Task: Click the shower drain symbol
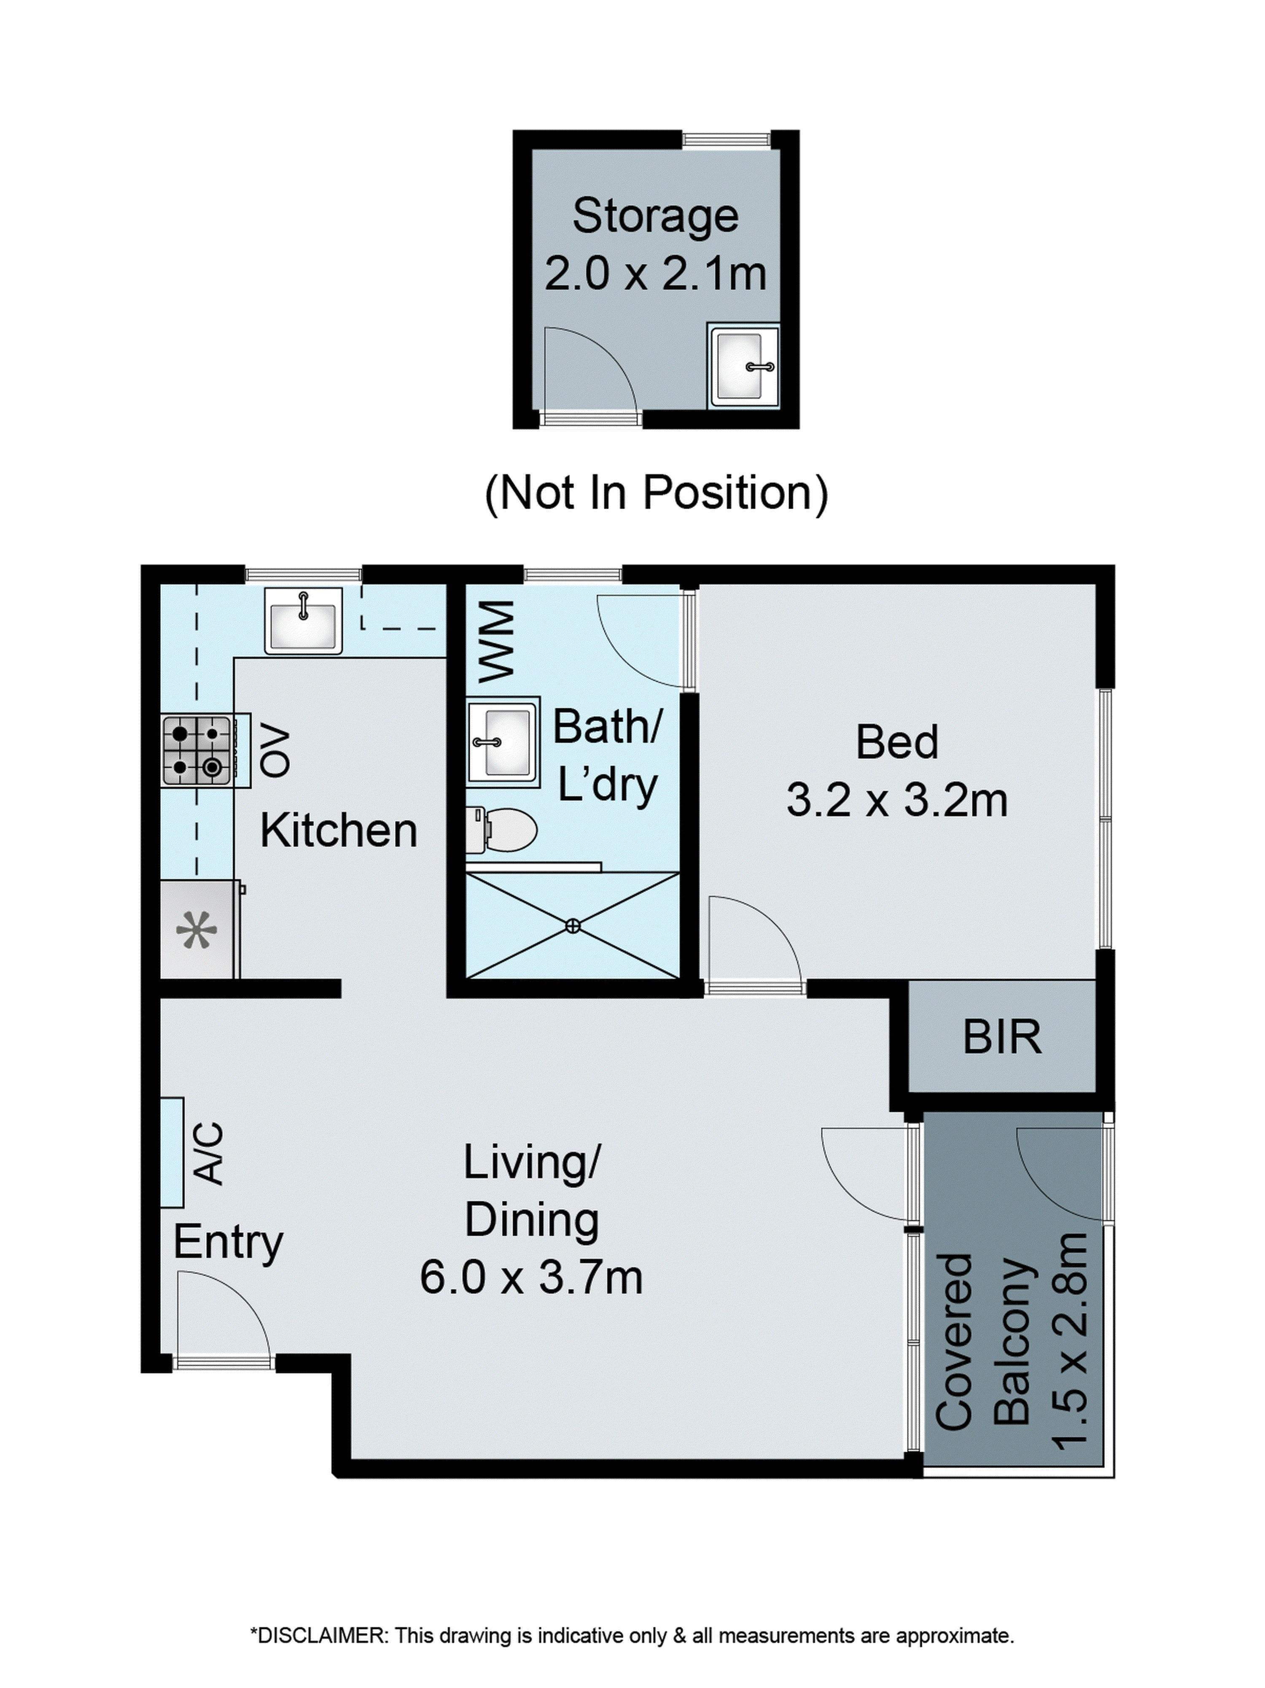pos(573,926)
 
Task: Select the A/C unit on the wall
pos(172,1152)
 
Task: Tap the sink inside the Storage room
pos(743,366)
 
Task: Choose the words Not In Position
pos(656,492)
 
